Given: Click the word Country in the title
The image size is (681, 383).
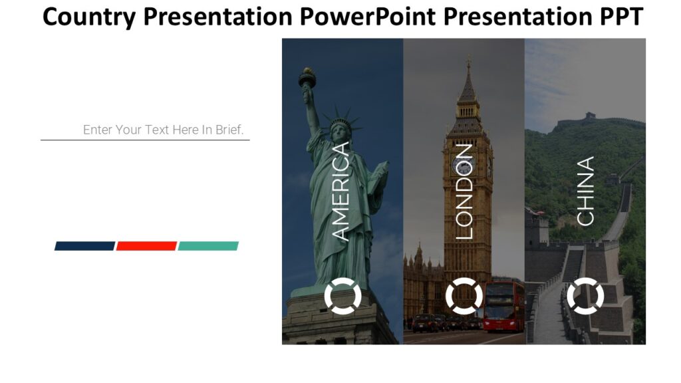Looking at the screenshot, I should click(x=89, y=17).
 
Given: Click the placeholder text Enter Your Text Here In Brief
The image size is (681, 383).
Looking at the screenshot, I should click(x=163, y=130).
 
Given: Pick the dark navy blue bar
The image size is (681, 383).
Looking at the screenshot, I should click(x=84, y=246).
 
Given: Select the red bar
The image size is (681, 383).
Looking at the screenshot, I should click(x=146, y=246).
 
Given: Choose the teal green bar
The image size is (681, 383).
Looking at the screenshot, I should click(x=208, y=246).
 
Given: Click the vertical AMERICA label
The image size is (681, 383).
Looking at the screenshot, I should click(x=340, y=191).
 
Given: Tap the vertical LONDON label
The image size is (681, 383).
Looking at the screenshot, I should click(x=464, y=191).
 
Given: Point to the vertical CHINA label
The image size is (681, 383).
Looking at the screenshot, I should click(x=585, y=191).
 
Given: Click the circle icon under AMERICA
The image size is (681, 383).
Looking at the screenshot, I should click(x=342, y=297).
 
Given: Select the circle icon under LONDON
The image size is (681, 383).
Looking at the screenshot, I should click(x=464, y=297).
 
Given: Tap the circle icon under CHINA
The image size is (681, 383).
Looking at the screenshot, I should click(x=585, y=297).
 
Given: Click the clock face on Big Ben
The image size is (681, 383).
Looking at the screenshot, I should click(x=459, y=165).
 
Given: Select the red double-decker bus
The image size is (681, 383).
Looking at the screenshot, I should click(x=503, y=306).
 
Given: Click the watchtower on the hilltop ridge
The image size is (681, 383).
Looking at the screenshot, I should click(x=589, y=117).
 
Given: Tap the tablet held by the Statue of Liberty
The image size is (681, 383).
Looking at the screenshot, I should click(x=378, y=178).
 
